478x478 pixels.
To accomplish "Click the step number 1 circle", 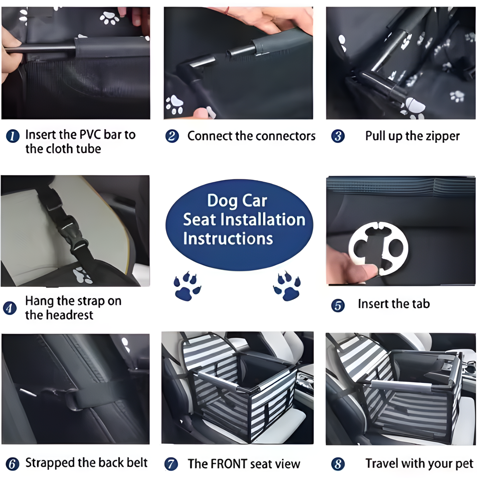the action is (x=13, y=136).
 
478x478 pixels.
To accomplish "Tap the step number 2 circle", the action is (x=172, y=136).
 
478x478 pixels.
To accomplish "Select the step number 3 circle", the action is (x=338, y=136).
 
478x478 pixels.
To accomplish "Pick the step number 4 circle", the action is (x=10, y=308).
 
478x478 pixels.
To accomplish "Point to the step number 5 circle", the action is (x=338, y=306).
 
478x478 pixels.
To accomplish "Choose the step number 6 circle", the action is (x=12, y=464).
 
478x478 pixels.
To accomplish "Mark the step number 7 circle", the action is (x=171, y=464).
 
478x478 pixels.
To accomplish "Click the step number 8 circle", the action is (x=338, y=464).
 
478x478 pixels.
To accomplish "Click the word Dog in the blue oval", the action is (x=222, y=201).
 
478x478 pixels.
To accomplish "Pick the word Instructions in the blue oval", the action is (x=228, y=239).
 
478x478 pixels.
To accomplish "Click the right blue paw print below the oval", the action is (x=287, y=286).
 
